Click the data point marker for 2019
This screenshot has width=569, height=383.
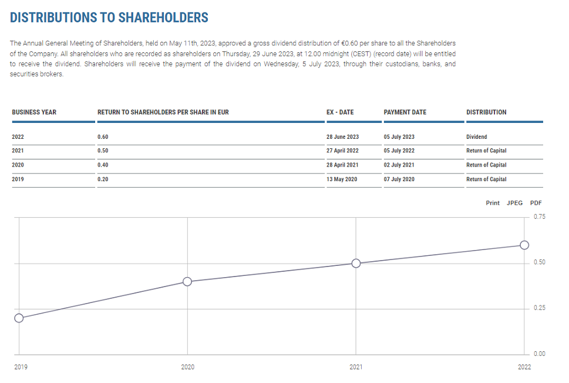tap(19, 318)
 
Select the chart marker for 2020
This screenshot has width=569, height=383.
tap(187, 282)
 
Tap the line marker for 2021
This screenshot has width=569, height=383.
tap(356, 264)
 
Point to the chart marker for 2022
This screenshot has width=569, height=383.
tap(524, 245)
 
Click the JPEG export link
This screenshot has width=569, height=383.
tap(514, 203)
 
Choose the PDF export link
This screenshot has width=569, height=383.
tap(536, 203)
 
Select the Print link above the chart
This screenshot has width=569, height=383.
tap(493, 203)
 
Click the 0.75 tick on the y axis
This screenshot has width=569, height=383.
tap(540, 217)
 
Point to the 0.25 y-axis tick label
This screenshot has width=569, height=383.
tap(540, 308)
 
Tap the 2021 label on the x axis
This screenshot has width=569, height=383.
tap(356, 367)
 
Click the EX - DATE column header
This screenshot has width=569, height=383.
tap(340, 112)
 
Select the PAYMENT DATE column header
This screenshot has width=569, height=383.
tap(405, 112)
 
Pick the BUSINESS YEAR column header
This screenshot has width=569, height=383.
tap(34, 112)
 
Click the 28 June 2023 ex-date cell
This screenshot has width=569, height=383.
tap(342, 137)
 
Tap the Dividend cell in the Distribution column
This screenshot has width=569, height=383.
tap(476, 137)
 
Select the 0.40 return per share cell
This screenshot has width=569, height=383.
tap(103, 165)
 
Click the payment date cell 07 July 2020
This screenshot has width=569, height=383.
tap(399, 179)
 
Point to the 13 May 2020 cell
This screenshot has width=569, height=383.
tap(342, 179)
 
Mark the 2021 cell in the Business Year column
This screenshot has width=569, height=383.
tap(18, 151)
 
